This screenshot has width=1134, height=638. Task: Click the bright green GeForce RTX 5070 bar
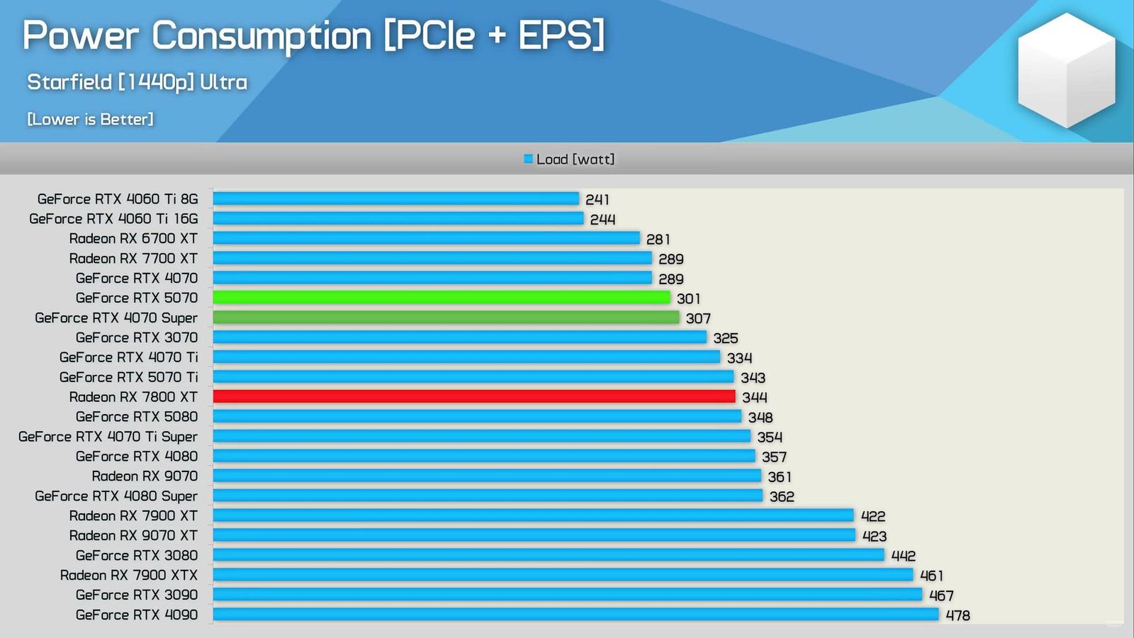click(441, 298)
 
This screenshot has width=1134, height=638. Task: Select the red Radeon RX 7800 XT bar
click(473, 397)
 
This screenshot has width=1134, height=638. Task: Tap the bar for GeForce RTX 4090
click(576, 615)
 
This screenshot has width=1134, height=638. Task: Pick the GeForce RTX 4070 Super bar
click(446, 318)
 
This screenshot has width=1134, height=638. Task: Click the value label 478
click(958, 615)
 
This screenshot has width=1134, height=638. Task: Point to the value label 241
click(597, 200)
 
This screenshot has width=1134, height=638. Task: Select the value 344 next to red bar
click(754, 398)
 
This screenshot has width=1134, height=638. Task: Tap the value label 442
click(903, 556)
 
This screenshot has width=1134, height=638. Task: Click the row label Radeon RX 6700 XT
click(133, 239)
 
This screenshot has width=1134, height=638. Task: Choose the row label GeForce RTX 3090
click(137, 595)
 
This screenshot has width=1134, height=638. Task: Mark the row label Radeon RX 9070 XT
click(133, 536)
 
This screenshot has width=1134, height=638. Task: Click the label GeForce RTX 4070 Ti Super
click(108, 437)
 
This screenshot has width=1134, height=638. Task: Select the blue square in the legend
click(528, 159)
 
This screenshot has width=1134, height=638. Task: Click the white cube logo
click(1066, 70)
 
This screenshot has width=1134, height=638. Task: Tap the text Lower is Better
click(90, 119)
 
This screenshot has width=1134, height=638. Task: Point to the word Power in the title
click(80, 35)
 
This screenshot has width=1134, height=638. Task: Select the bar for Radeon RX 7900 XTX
click(563, 575)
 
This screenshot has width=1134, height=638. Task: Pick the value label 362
click(782, 497)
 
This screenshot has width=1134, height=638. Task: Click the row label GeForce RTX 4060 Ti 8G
click(118, 199)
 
